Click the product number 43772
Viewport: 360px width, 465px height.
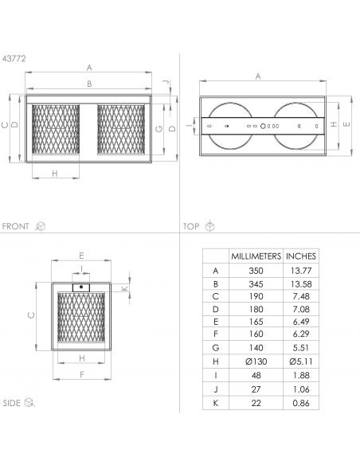click(x=14, y=58)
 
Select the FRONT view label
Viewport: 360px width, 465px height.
click(x=15, y=226)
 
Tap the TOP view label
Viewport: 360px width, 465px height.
click(x=191, y=227)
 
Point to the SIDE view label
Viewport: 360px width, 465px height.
click(x=12, y=403)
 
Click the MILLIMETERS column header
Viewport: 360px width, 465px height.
click(x=256, y=256)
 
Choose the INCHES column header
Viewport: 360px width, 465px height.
click(x=301, y=256)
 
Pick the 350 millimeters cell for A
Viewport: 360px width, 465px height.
click(x=256, y=271)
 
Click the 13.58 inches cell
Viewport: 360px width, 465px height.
click(x=301, y=284)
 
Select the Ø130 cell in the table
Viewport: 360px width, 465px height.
click(x=256, y=361)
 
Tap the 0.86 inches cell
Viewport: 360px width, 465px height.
click(x=301, y=403)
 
